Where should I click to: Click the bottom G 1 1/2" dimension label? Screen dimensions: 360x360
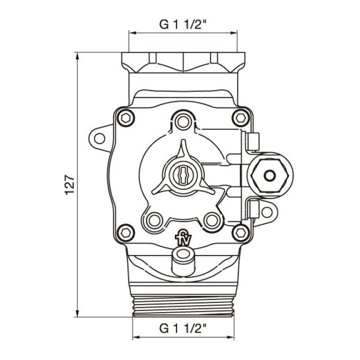183,328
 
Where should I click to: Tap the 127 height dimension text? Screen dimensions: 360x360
69,185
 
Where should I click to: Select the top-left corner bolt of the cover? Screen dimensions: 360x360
125,117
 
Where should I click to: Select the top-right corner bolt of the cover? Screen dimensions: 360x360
241,117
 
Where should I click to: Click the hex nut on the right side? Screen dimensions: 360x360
270,175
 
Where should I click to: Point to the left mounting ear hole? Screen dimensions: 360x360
100,138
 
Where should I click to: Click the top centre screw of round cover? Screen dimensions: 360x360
183,122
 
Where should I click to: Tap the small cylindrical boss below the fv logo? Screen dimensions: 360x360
182,260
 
